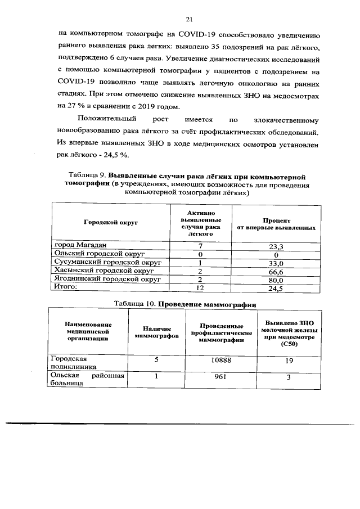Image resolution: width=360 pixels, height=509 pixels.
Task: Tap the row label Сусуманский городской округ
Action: [x=107, y=263]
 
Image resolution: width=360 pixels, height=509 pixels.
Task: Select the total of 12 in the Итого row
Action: [x=200, y=288]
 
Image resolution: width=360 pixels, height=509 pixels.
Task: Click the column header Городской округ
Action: [x=111, y=223]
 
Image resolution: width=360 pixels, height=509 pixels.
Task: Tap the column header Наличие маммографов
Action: [x=156, y=331]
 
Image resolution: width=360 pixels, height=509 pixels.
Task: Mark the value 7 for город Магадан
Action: [x=200, y=246]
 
